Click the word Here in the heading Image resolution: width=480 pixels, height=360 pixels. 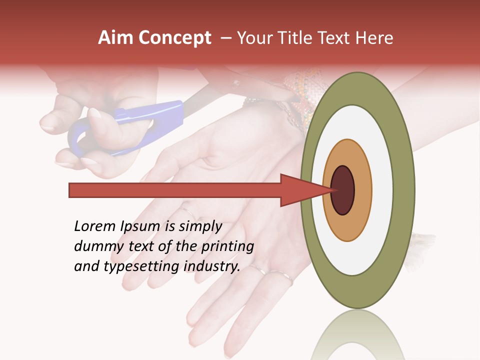point(374,38)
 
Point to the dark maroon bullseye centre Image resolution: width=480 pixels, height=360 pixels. point(342,190)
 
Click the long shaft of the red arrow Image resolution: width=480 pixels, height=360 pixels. point(175,190)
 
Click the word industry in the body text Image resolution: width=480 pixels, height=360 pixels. point(212,266)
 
